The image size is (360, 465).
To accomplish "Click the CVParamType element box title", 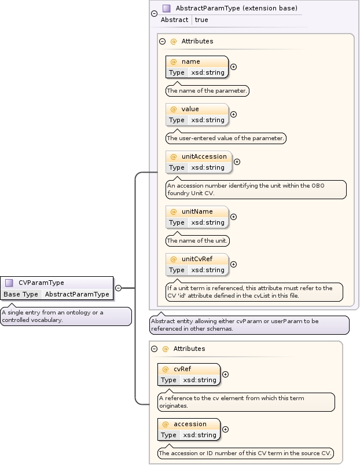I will (41, 283).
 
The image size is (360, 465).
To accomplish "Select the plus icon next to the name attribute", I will (233, 67).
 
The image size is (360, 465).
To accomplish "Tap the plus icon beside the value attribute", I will (233, 114).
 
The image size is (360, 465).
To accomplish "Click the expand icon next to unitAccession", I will (237, 162).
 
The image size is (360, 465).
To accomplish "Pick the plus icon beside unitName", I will (233, 217).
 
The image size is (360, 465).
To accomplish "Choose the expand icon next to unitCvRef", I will (233, 264).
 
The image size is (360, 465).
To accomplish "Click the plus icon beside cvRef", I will (225, 374).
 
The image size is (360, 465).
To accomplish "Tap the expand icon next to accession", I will (225, 429).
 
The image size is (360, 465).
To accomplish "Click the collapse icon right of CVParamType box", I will (118, 288).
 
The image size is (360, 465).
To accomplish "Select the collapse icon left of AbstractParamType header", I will (153, 14).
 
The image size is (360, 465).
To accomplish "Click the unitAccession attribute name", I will (204, 156).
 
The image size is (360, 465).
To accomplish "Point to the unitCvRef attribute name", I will (197, 259).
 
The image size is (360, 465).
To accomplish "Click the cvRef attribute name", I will (182, 369).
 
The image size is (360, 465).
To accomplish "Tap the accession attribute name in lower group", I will (190, 424).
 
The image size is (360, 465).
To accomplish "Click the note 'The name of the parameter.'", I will (207, 91).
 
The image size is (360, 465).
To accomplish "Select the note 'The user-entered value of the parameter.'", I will (226, 138).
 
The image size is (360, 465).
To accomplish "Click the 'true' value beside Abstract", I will (201, 20).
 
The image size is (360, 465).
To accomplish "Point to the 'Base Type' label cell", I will (21, 294).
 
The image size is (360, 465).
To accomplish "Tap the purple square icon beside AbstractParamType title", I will (166, 9).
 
